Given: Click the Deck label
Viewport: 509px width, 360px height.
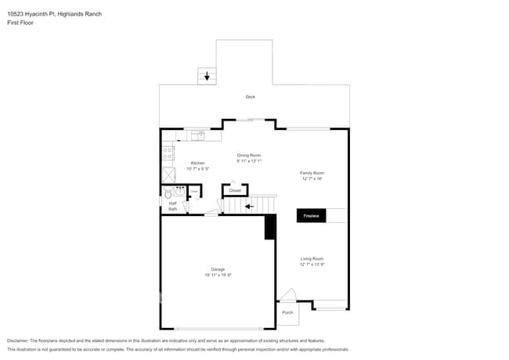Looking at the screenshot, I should coord(250,97).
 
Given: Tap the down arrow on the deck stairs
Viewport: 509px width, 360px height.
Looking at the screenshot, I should coord(207,76).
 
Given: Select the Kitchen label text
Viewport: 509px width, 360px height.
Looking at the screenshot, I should coord(197,163).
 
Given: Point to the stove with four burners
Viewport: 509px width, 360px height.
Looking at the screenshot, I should coord(168,153).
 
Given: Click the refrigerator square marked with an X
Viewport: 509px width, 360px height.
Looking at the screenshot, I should coord(168,174).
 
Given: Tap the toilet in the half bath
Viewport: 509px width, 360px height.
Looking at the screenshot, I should coord(168,192).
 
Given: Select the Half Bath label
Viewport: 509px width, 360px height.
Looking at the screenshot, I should coord(172,207).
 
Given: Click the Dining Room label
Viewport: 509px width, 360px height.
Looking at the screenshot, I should coord(249,156).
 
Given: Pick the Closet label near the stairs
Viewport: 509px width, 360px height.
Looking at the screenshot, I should coord(235,190).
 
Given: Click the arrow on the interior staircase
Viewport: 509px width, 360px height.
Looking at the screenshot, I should coord(249,207).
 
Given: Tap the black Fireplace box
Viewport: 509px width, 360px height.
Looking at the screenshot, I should coord(311,215).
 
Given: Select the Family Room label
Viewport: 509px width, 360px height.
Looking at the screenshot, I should coord(312,173).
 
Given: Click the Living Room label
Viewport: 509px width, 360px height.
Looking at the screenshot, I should coord(312,259).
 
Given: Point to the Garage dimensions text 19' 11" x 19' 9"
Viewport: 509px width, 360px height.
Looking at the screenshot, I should coord(218,275).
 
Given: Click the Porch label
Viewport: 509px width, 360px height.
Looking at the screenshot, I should coord(287,312).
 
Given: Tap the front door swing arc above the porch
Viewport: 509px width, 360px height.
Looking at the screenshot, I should coord(287,295).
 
